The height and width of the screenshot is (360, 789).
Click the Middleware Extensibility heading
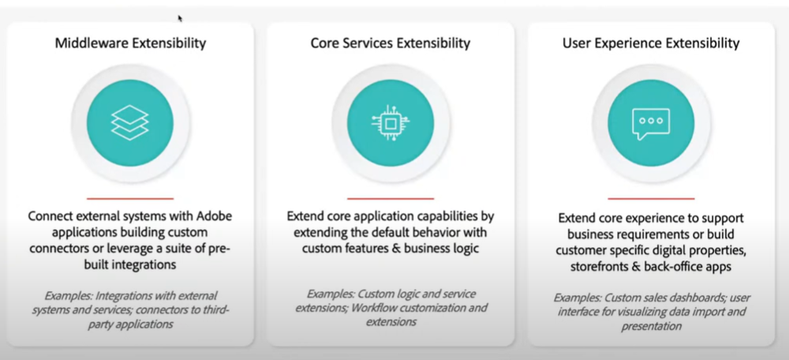point(130,43)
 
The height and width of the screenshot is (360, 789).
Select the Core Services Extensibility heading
point(391,43)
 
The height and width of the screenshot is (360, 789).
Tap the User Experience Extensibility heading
point(651,43)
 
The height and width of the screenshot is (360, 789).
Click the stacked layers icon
point(130,122)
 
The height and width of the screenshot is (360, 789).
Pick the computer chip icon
point(391,122)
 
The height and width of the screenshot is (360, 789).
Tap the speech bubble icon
point(651,124)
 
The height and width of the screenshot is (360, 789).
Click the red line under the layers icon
point(130,198)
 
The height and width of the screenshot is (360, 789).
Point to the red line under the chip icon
point(391,198)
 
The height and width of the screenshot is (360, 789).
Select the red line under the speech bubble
point(651,198)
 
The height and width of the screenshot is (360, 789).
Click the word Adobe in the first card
point(214,216)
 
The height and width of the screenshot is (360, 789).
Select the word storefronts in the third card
point(597,267)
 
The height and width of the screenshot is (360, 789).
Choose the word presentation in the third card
point(651,326)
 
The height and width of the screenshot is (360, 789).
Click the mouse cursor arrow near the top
point(180,19)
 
